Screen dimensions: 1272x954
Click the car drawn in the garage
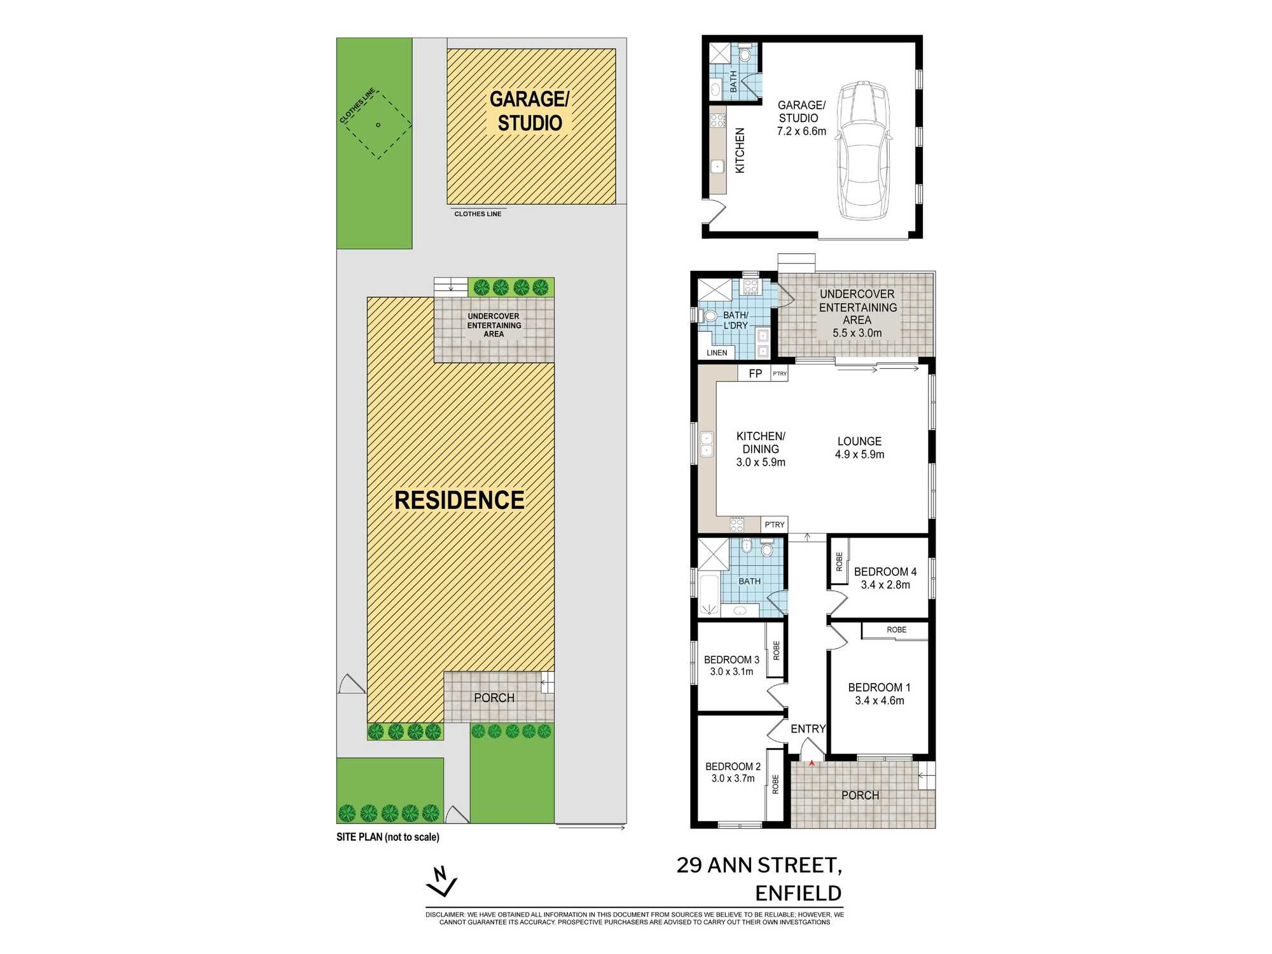(x=863, y=151)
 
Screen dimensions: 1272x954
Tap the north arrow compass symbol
(x=441, y=881)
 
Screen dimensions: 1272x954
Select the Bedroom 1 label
(x=879, y=688)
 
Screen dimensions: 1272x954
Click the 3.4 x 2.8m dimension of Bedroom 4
(x=885, y=585)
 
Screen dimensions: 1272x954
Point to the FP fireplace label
(x=756, y=373)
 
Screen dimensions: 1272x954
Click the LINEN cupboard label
(x=717, y=353)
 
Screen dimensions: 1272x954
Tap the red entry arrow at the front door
(x=812, y=763)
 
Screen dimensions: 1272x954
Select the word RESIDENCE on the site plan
(x=459, y=500)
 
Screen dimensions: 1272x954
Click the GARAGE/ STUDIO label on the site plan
(x=530, y=111)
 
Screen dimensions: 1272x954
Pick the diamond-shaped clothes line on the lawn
(x=378, y=125)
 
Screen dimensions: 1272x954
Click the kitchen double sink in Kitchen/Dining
(x=707, y=444)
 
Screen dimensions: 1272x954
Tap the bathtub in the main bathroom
(x=709, y=594)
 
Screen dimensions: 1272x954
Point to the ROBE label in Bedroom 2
(x=775, y=784)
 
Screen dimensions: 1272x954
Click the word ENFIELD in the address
(x=798, y=894)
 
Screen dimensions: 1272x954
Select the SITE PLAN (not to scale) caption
(x=388, y=837)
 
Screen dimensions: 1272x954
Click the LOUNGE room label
(x=859, y=441)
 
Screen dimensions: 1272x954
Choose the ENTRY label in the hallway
(x=808, y=729)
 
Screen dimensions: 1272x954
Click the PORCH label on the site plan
(x=494, y=698)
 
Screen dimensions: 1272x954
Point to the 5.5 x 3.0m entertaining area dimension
(x=857, y=333)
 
